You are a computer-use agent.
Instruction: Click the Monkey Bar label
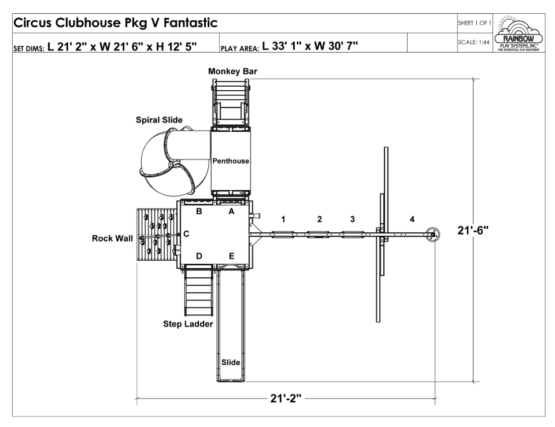pos(232,72)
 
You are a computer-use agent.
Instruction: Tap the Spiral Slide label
pos(160,120)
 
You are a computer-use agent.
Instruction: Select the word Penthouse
pos(231,161)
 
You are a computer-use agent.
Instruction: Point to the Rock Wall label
pos(112,239)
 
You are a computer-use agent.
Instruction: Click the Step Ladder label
pos(188,324)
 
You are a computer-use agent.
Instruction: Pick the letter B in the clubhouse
pos(199,211)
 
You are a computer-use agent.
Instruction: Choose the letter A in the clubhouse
pos(231,211)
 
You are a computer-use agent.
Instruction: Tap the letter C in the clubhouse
pos(186,234)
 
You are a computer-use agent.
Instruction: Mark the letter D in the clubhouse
pos(199,256)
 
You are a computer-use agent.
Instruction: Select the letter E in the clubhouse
pos(231,256)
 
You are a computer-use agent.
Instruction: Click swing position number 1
pos(283,220)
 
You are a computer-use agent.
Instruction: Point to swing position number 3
pos(353,220)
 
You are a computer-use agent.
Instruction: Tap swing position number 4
pos(412,220)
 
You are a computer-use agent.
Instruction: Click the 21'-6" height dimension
pos(473,231)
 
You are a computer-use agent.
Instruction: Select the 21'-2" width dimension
pos(286,398)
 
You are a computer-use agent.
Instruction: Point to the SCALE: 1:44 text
pos(473,42)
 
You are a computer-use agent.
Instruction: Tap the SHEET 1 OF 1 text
pos(474,23)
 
